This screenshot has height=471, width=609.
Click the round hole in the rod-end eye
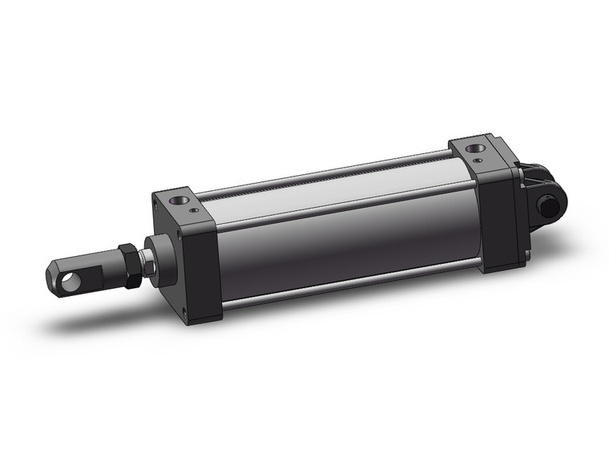coord(74,280)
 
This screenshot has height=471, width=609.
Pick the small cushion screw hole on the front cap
coord(196,211)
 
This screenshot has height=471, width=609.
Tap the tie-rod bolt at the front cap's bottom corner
coord(187,312)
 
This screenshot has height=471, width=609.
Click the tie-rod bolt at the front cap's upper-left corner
coord(154,205)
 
